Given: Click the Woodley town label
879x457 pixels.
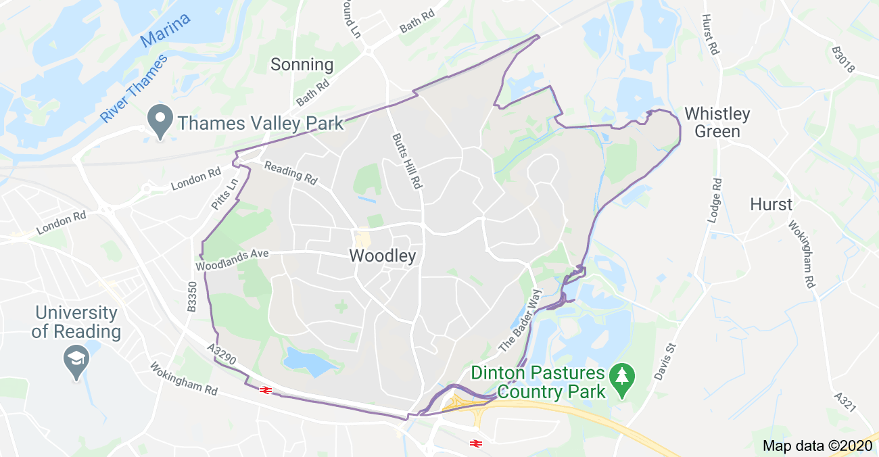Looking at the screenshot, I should click(x=382, y=256).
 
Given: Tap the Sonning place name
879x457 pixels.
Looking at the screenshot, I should click(x=302, y=65).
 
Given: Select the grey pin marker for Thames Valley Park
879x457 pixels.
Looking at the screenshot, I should click(x=160, y=122).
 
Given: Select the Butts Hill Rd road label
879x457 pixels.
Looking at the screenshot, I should click(x=406, y=160).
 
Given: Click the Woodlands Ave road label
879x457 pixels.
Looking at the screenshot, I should click(x=232, y=260).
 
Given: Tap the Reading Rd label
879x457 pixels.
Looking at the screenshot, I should click(x=291, y=172).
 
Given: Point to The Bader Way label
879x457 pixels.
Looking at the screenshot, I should click(x=521, y=320).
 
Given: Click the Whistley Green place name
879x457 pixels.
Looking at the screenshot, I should click(x=717, y=122).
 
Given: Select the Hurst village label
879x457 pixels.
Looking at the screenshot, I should click(x=771, y=204).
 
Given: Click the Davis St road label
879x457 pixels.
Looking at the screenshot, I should click(x=665, y=360).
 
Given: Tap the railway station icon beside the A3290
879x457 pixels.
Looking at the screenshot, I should click(x=265, y=389).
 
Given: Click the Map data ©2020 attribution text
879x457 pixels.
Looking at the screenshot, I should click(x=817, y=446).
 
